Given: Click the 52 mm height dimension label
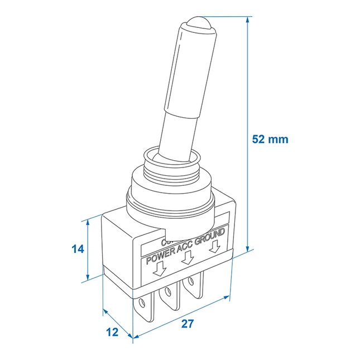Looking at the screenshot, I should pyautogui.click(x=270, y=140).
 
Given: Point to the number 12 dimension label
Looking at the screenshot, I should pyautogui.click(x=112, y=332).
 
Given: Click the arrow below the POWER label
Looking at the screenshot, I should pyautogui.click(x=161, y=270).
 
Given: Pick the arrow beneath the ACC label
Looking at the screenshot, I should pyautogui.click(x=188, y=257).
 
